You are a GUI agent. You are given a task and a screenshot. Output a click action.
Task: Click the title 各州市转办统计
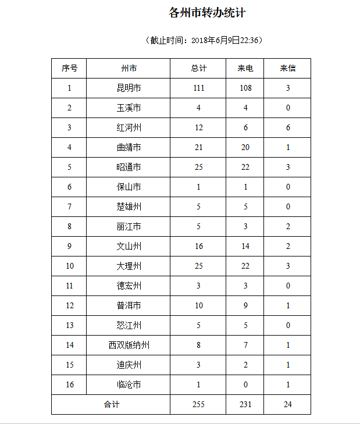coord(207,13)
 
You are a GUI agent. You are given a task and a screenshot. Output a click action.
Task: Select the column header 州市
coord(129,69)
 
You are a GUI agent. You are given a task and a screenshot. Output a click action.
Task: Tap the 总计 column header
coord(199,69)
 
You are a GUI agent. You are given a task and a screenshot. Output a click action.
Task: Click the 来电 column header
coord(245,69)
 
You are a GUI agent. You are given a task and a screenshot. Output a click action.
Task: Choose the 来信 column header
coord(288,69)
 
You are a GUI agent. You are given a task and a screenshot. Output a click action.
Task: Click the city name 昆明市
coord(129,88)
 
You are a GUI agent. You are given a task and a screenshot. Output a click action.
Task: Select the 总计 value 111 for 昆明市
coord(199,88)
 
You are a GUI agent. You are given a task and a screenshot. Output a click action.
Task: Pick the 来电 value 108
coord(245,88)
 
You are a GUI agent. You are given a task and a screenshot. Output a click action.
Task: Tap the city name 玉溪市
coord(129,108)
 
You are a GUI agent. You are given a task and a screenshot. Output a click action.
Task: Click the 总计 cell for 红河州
coord(199,128)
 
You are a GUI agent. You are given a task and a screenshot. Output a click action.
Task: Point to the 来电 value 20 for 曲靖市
coord(245,148)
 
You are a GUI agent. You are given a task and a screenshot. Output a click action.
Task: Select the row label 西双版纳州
coord(129,345)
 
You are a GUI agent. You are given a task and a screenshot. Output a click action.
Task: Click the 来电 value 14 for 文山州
coord(245,247)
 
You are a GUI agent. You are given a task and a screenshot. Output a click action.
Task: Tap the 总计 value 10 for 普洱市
coord(199,306)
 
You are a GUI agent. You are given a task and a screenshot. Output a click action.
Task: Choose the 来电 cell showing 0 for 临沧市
coord(245,385)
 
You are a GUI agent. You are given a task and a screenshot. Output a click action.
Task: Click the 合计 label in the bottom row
coord(111,405)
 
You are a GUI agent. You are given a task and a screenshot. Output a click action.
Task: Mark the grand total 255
coord(199,405)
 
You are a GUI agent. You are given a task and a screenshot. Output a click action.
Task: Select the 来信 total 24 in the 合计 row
coord(288,405)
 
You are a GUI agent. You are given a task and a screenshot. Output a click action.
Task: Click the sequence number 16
coord(69,385)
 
